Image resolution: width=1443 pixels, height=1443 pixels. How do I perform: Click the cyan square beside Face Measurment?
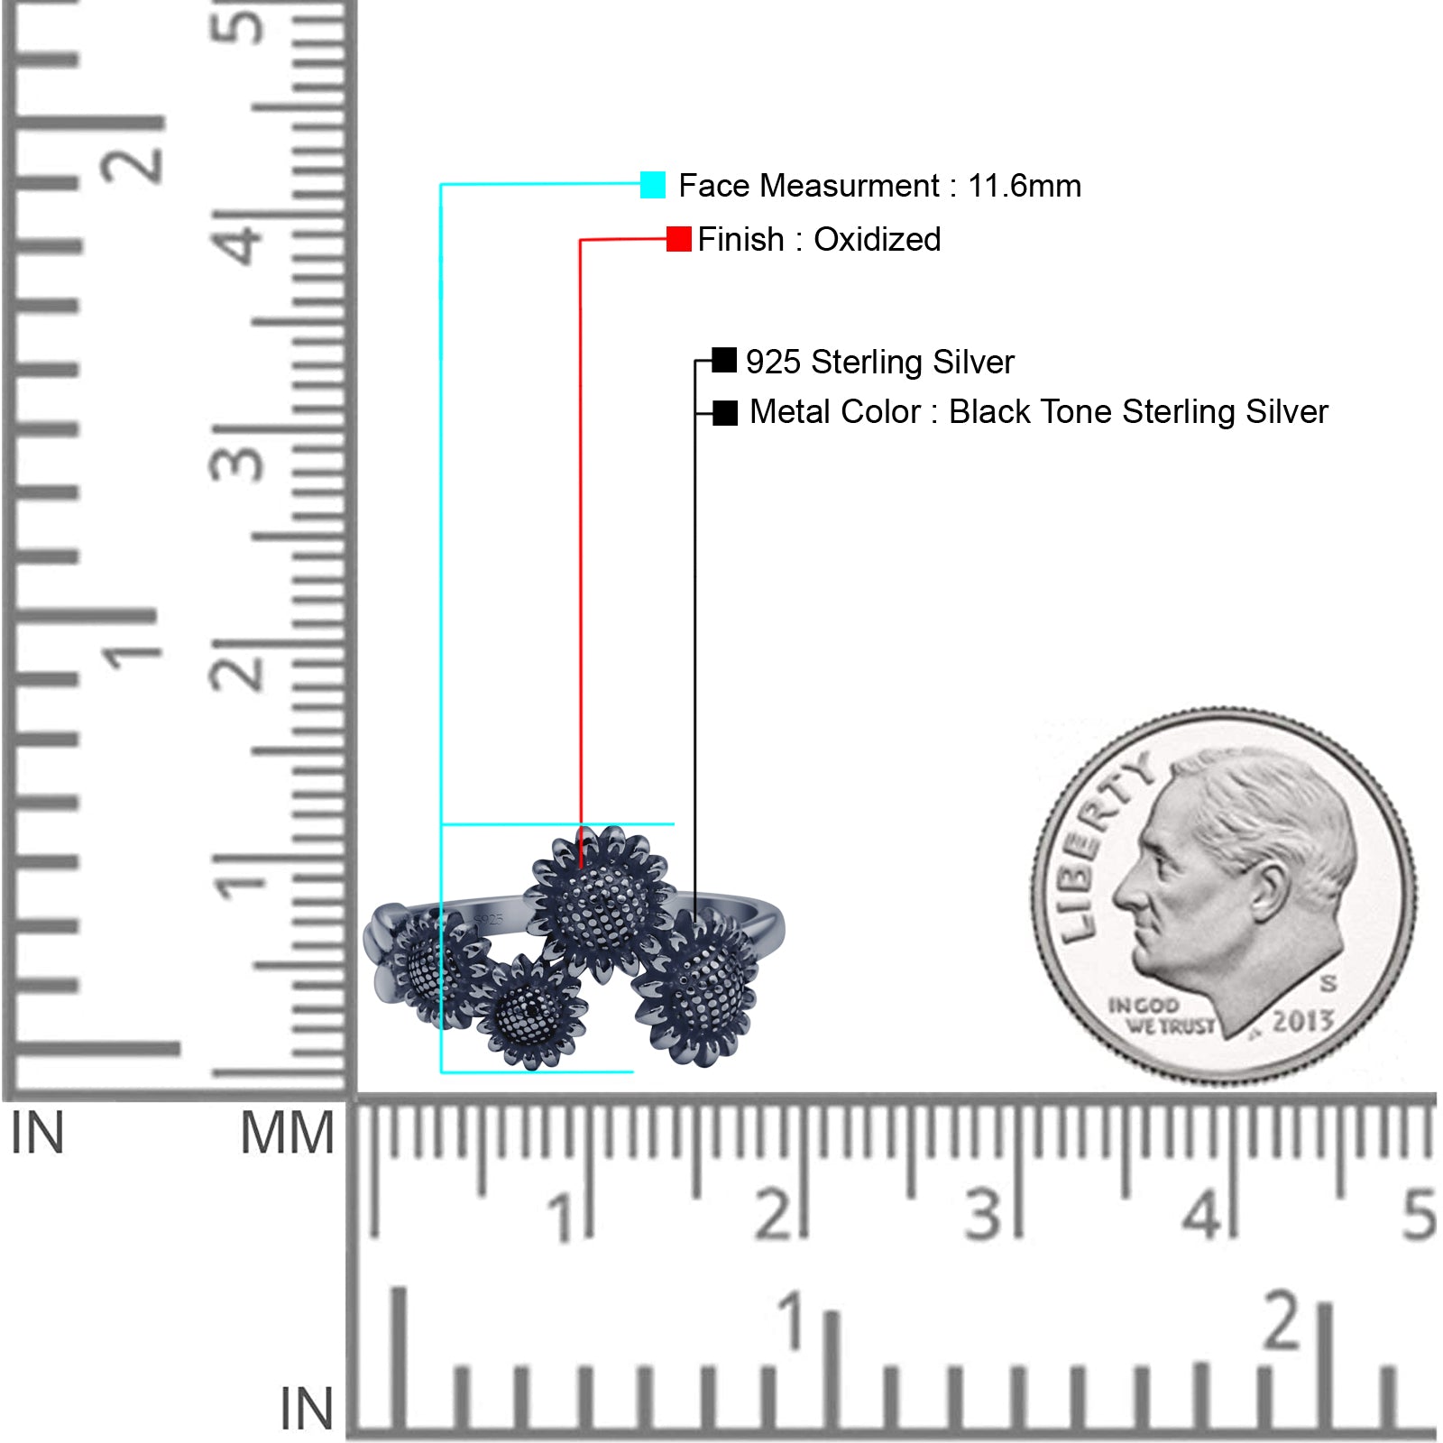(x=653, y=185)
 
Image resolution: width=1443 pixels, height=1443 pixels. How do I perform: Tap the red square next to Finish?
(x=679, y=239)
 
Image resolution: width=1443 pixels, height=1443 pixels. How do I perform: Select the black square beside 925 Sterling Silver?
(x=724, y=361)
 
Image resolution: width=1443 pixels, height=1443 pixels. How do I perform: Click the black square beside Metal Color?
(x=725, y=413)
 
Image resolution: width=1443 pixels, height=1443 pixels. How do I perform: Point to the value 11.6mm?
(x=1025, y=186)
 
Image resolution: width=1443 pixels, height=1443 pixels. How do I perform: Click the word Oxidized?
(x=878, y=240)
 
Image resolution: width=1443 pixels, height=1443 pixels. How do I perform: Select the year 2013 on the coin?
(x=1303, y=1021)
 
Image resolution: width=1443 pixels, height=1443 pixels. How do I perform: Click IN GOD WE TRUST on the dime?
(x=1162, y=1016)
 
